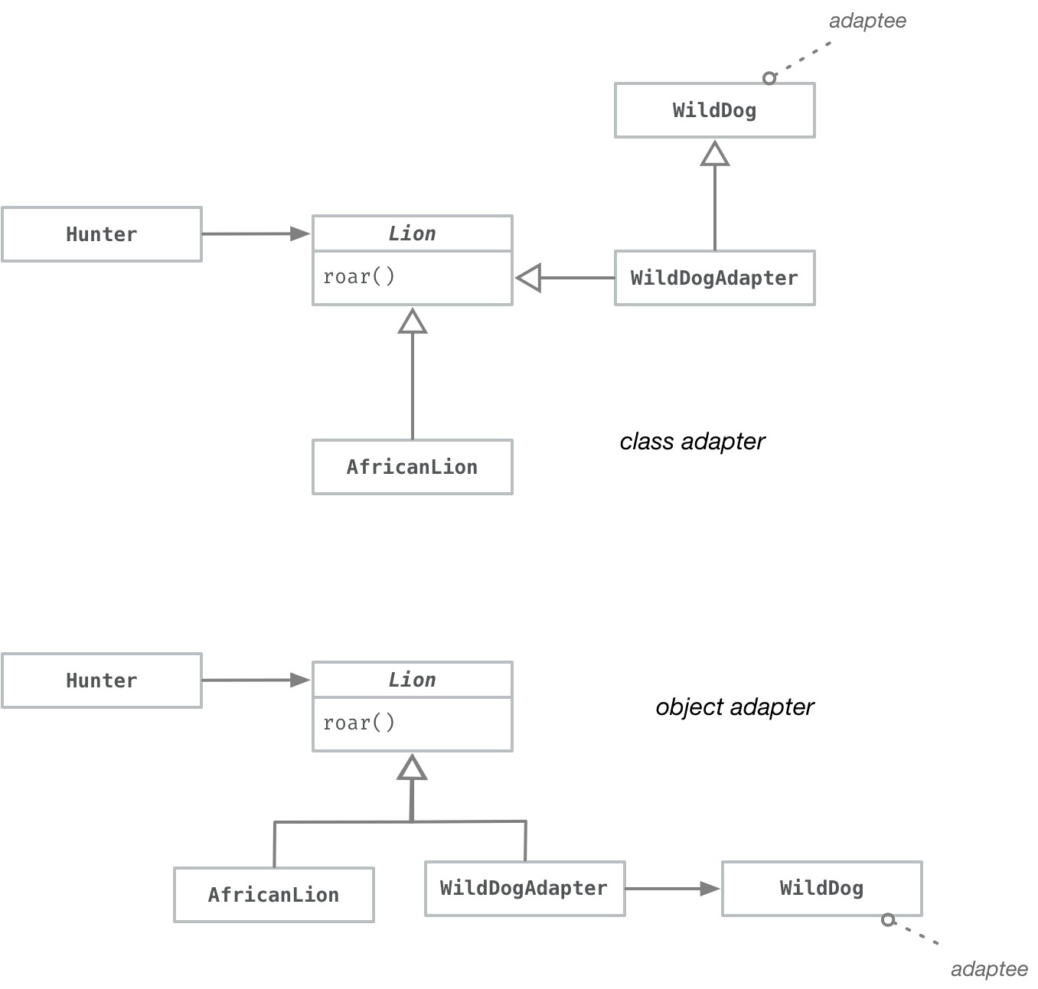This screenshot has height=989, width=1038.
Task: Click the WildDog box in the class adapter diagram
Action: coord(714,110)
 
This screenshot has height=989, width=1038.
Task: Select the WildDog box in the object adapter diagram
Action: coord(821,888)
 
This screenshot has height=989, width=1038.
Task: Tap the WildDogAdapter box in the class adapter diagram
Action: coord(714,278)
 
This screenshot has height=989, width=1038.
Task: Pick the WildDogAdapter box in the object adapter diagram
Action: coord(524,888)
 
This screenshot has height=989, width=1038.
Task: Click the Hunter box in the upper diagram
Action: coord(102,234)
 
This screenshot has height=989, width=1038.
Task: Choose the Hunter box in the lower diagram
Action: coord(102,681)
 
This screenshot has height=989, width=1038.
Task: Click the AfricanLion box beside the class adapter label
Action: coord(412,467)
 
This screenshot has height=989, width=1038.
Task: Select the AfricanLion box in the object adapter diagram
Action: coord(273,895)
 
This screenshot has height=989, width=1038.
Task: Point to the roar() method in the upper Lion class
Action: coord(359,276)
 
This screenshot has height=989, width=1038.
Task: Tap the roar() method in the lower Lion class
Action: coord(359,723)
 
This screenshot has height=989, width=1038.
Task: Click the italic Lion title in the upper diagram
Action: coord(412,233)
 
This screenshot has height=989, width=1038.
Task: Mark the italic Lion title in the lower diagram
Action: coord(412,680)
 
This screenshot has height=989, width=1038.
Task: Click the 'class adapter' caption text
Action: coord(692,442)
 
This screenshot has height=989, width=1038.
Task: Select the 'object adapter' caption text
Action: coord(735,707)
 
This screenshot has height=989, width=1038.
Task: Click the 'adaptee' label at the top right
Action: coord(867,21)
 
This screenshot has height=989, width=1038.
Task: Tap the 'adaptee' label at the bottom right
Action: coord(989,969)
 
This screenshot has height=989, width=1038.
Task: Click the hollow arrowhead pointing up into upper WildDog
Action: coord(714,154)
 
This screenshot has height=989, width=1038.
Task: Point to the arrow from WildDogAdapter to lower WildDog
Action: coord(671,889)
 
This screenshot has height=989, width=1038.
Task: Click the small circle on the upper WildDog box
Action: coord(769,78)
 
